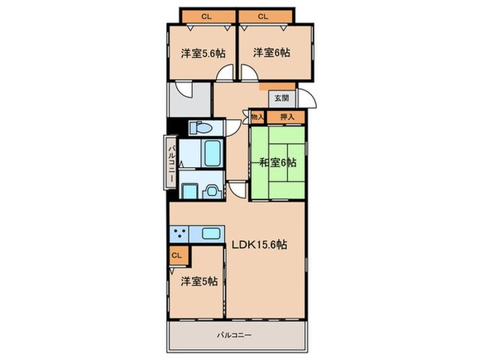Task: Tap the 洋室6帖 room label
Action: (x=271, y=54)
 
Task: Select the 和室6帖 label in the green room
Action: (x=278, y=162)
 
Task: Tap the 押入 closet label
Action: (x=286, y=118)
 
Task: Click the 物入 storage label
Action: (x=258, y=118)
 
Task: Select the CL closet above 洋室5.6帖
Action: (x=206, y=15)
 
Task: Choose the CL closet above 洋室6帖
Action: (x=264, y=15)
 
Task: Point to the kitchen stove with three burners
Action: (x=180, y=234)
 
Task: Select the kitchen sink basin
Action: (x=210, y=234)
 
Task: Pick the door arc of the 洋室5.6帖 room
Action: (x=227, y=71)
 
